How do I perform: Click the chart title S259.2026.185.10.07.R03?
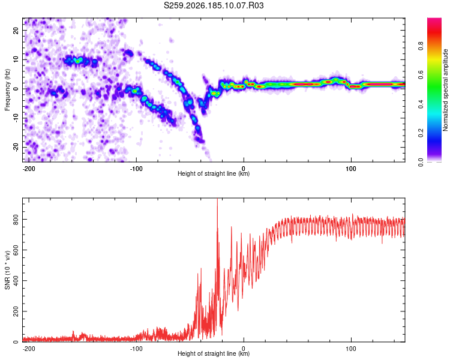[214, 5]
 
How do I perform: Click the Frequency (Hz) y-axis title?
[7, 90]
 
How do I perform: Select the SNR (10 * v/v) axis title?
[7, 270]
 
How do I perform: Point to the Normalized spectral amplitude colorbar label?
[445, 90]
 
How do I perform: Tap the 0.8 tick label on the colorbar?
[421, 46]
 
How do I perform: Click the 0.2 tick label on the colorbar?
[421, 133]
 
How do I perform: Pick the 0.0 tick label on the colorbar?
[421, 162]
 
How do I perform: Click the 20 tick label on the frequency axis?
[16, 30]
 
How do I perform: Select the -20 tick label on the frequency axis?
[16, 147]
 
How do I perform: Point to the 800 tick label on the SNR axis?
[16, 220]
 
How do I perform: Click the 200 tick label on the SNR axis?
[16, 311]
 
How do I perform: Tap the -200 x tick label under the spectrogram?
[28, 169]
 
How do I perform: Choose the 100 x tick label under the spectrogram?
[351, 169]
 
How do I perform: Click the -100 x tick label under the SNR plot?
[136, 349]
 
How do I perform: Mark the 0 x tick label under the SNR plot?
[244, 349]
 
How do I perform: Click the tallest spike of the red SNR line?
[217, 199]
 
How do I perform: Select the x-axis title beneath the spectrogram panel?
[214, 173]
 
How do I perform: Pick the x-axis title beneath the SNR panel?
[214, 353]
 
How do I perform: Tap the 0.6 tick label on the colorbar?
[421, 74]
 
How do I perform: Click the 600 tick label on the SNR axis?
[16, 250]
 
